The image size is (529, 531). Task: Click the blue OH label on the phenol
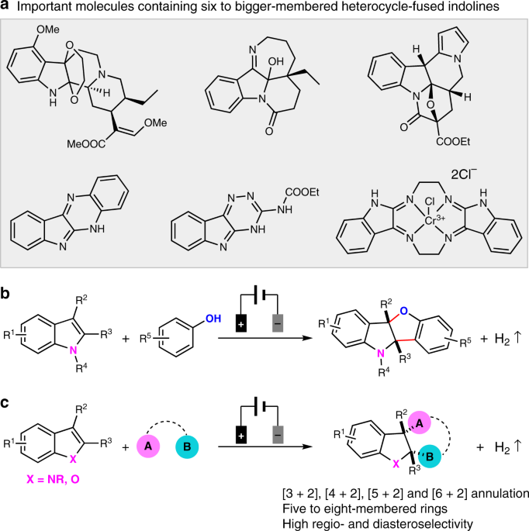pyautogui.click(x=213, y=319)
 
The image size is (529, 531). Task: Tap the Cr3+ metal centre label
pyautogui.click(x=434, y=220)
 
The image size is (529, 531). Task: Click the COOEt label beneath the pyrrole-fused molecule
pyautogui.click(x=453, y=142)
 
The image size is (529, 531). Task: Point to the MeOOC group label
pyautogui.click(x=86, y=144)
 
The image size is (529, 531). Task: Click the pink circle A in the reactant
pyautogui.click(x=148, y=447)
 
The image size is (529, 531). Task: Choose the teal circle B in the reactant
pyautogui.click(x=187, y=447)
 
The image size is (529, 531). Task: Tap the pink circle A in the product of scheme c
pyautogui.click(x=419, y=423)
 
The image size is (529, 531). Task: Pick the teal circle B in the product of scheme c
pyautogui.click(x=430, y=456)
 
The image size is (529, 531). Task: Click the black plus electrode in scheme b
pyautogui.click(x=241, y=324)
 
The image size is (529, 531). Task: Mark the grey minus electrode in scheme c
pyautogui.click(x=278, y=435)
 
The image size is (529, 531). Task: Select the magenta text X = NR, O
pyautogui.click(x=54, y=479)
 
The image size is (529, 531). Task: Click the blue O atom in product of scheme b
pyautogui.click(x=403, y=311)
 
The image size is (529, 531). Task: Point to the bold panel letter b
pyautogui.click(x=5, y=293)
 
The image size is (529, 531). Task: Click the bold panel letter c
pyautogui.click(x=5, y=405)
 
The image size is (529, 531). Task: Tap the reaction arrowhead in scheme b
pyautogui.click(x=308, y=338)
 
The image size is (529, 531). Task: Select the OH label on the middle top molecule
pyautogui.click(x=275, y=61)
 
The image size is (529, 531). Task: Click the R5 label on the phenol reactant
pyautogui.click(x=147, y=338)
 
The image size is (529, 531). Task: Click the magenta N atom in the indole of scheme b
pyautogui.click(x=73, y=350)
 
